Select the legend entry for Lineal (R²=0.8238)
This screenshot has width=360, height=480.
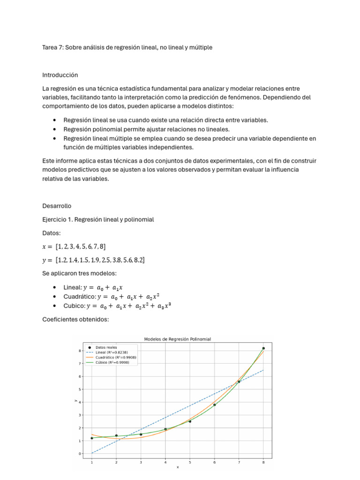point(111,352)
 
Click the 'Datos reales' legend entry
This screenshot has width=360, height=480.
point(106,347)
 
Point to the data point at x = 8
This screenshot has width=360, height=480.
point(263,348)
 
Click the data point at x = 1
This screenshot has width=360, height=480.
point(92,438)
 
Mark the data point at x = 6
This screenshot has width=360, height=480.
point(215,405)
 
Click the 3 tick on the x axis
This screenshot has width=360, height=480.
point(141,462)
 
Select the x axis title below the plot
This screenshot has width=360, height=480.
point(178,467)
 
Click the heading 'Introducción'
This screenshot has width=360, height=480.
point(60,75)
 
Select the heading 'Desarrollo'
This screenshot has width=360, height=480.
point(57,206)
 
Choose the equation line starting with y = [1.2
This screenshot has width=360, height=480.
point(93,260)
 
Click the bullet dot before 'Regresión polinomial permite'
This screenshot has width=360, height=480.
point(55,129)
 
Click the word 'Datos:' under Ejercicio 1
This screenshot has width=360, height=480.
point(51,233)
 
